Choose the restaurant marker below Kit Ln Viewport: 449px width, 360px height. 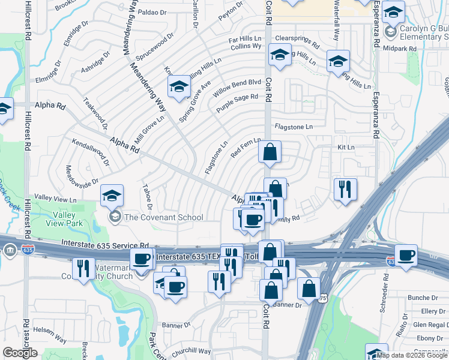[345, 190]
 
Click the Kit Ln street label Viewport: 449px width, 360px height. [346, 147]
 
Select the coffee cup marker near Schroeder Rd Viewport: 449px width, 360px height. [405, 256]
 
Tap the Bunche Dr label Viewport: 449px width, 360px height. [423, 298]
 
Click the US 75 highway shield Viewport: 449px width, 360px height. [324, 298]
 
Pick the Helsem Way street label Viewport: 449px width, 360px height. [50, 339]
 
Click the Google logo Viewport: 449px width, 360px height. [20, 353]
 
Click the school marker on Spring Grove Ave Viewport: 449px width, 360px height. [178, 87]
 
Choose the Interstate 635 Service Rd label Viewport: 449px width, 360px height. [104, 244]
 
